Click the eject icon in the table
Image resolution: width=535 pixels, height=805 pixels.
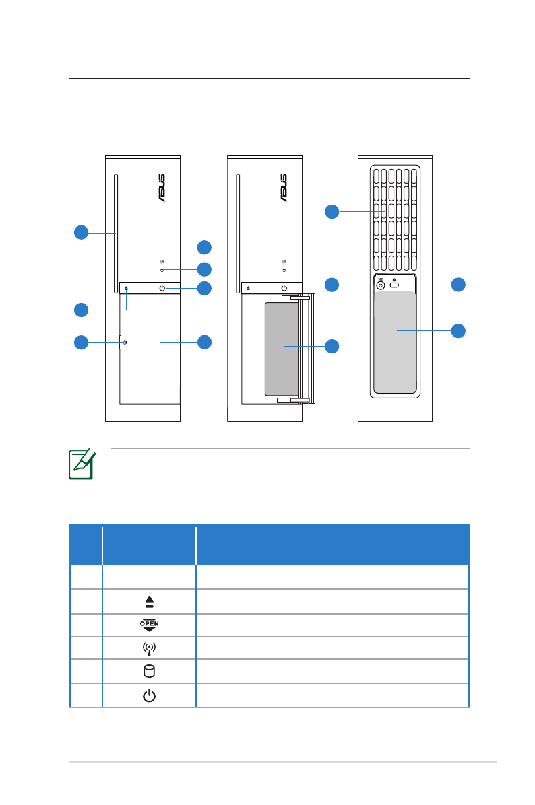(149, 602)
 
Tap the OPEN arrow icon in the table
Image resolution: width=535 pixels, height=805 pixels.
(149, 625)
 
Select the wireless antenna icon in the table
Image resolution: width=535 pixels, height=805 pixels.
(149, 648)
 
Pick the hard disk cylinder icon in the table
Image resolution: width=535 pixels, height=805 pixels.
(149, 671)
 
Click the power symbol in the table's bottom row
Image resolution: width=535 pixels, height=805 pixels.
(149, 695)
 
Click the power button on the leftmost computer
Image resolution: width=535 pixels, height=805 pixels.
(162, 288)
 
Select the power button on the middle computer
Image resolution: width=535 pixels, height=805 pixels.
(284, 288)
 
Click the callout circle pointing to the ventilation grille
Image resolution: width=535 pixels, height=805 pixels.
(332, 211)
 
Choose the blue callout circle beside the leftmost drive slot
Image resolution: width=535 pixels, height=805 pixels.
(81, 232)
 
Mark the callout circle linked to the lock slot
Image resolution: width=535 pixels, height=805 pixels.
(458, 284)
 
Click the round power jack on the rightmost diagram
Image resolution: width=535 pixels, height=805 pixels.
(380, 285)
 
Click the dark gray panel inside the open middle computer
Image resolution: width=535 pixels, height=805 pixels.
(281, 348)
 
